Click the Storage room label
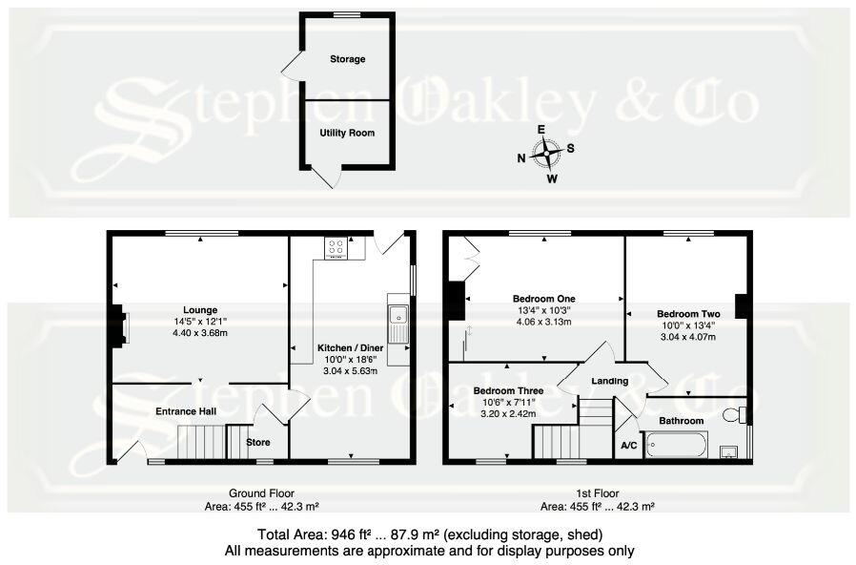tap(347, 59)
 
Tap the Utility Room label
tap(347, 133)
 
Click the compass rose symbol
tap(546, 153)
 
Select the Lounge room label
tap(201, 309)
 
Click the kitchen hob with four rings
tap(336, 247)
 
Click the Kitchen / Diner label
tap(351, 349)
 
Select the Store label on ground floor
tap(258, 442)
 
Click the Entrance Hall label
tap(187, 411)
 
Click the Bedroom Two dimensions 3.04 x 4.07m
tap(688, 337)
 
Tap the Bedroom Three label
tap(508, 391)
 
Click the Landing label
tap(610, 381)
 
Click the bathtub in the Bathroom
tap(676, 444)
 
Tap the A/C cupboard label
tap(629, 445)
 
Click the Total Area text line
tap(428, 534)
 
